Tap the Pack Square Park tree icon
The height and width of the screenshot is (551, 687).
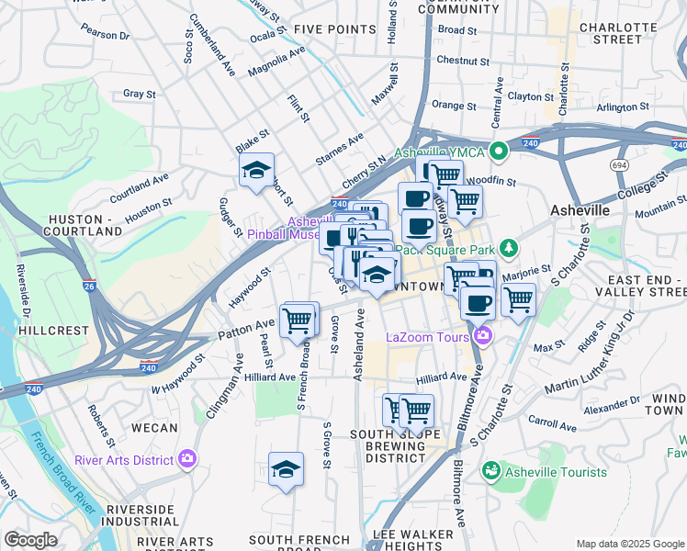pyautogui.click(x=507, y=249)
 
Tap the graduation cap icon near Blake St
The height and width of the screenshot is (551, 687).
pyautogui.click(x=257, y=170)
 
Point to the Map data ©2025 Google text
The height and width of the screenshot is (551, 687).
pyautogui.click(x=630, y=544)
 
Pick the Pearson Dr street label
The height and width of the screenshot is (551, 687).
pyautogui.click(x=104, y=34)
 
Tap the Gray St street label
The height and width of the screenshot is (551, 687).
pyautogui.click(x=139, y=94)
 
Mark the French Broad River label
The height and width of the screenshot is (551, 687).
pyautogui.click(x=62, y=469)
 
